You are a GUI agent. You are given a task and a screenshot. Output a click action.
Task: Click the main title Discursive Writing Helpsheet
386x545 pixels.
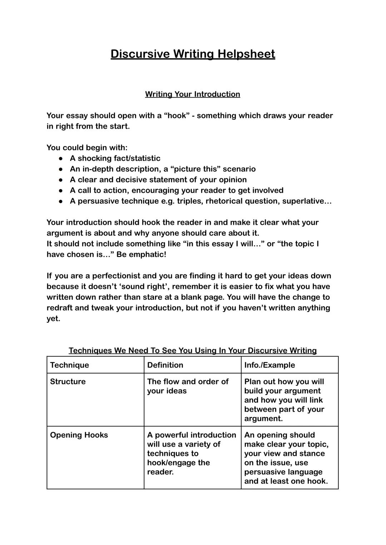(x=193, y=54)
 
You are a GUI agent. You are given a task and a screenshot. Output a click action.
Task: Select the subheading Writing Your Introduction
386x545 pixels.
(x=193, y=94)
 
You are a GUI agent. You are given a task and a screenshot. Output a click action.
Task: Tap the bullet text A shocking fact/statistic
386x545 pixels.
(x=115, y=158)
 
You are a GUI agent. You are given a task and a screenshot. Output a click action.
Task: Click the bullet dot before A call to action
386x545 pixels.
(x=61, y=191)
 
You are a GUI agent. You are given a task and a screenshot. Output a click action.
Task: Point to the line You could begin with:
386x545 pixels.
(x=87, y=148)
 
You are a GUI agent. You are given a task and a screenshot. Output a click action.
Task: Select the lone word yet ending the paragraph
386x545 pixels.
(x=53, y=319)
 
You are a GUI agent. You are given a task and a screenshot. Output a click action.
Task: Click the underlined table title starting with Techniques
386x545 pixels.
(x=193, y=351)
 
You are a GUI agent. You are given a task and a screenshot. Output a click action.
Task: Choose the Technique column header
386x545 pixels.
(x=70, y=365)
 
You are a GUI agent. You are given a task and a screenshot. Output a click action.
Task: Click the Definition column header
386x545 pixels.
(x=165, y=365)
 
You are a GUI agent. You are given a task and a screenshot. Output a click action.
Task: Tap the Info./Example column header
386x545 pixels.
(x=269, y=365)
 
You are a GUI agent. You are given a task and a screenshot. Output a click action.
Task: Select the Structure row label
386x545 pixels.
(x=68, y=382)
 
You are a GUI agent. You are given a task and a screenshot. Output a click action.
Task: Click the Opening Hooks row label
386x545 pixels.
(x=79, y=435)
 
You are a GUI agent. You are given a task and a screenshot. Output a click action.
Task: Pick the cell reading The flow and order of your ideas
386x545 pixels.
(x=188, y=386)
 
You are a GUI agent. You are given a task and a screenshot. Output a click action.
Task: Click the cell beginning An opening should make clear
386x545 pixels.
(x=286, y=458)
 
